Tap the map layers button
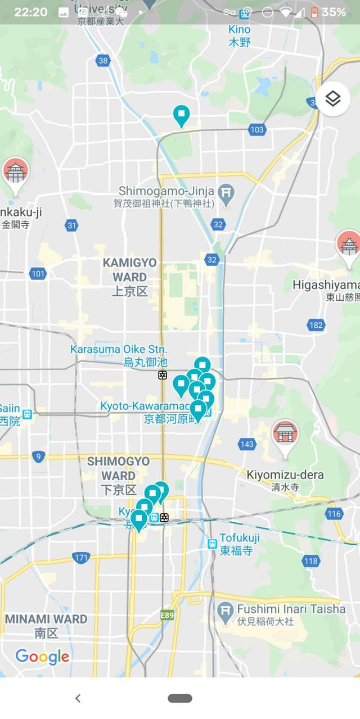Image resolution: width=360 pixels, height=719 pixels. click(333, 100)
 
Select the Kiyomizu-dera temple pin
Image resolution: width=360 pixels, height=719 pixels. click(285, 435)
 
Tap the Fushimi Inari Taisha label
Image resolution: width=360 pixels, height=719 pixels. click(291, 609)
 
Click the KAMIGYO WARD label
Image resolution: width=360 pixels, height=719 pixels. click(129, 270)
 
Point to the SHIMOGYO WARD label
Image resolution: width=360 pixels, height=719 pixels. click(118, 469)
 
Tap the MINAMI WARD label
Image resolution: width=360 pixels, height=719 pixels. click(46, 619)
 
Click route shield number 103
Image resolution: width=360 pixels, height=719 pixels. click(256, 130)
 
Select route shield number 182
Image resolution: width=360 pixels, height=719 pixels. click(316, 325)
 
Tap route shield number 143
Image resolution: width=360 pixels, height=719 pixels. click(246, 445)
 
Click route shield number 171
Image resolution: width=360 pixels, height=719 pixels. click(81, 558)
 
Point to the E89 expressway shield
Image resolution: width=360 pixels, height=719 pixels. click(167, 616)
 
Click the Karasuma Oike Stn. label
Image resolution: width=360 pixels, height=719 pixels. click(119, 349)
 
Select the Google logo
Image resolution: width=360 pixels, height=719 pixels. click(42, 656)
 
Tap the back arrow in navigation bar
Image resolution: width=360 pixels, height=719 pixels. click(78, 698)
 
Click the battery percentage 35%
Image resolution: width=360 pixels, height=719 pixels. click(334, 12)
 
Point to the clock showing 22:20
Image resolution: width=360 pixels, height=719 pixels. click(30, 12)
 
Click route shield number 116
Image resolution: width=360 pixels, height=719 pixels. click(334, 513)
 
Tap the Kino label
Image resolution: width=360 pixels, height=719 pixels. click(240, 29)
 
